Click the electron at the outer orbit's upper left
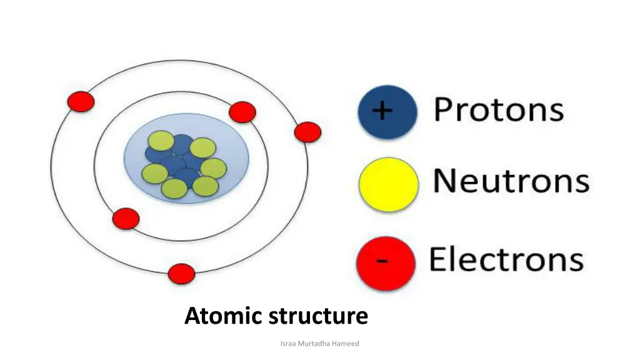coord(81,101)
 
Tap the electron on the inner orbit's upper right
coord(242,112)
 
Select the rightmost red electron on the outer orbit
coord(307,132)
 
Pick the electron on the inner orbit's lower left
coord(126,218)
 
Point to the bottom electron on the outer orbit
coord(182,274)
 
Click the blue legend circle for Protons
coord(387,113)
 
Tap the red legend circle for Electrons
coord(386,262)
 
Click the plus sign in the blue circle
coord(382,111)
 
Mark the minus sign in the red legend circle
coord(382,261)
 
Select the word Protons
coord(499,110)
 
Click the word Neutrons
coord(511,181)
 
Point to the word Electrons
coord(506,259)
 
